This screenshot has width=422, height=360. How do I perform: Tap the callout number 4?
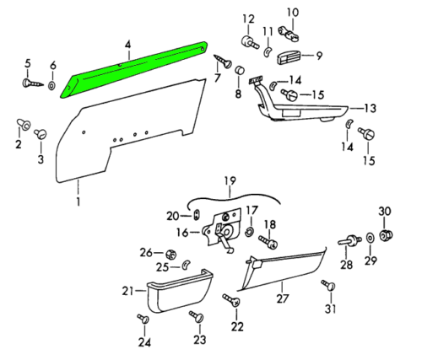click(127, 44)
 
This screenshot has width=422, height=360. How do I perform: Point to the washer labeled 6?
click(52, 85)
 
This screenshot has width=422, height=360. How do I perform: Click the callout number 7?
click(218, 79)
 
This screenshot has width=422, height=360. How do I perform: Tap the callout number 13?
click(368, 107)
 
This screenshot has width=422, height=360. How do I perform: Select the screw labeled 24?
click(144, 320)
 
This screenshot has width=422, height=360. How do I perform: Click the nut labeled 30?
click(384, 234)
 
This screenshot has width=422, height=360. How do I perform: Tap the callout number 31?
click(329, 309)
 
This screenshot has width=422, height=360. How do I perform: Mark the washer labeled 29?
click(371, 241)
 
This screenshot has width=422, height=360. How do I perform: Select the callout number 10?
click(292, 12)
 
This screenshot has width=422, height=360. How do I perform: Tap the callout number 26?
click(145, 252)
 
